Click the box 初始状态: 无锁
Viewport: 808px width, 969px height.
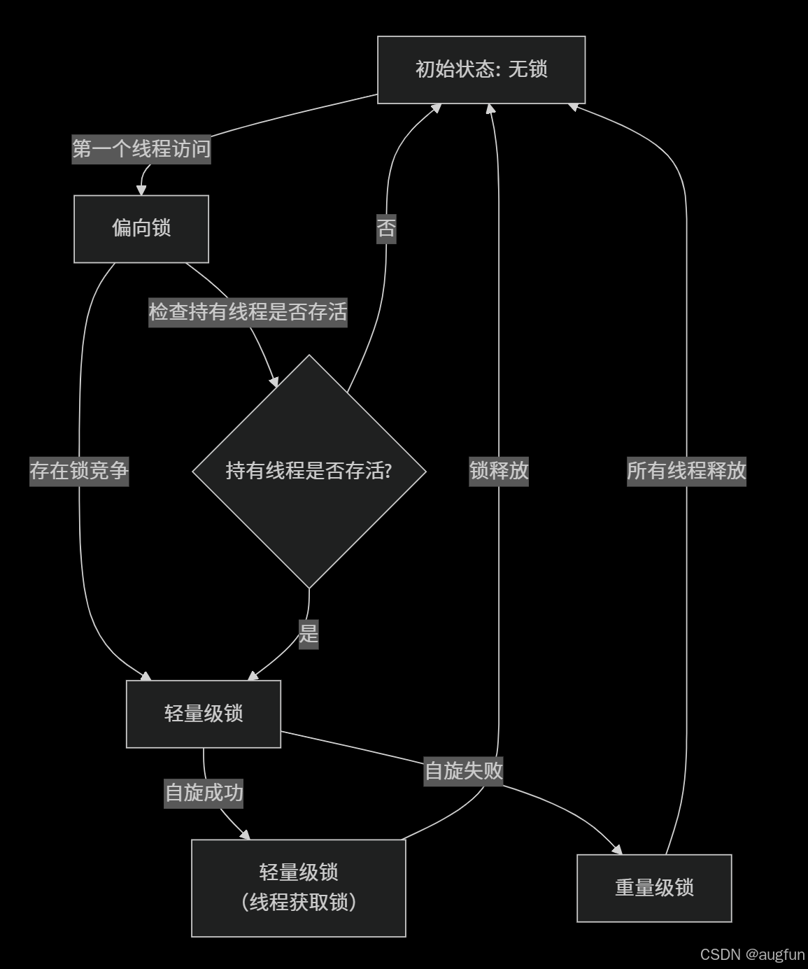481,69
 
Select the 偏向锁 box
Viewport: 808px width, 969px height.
141,228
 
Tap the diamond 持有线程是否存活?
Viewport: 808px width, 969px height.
309,471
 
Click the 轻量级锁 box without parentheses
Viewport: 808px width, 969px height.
204,714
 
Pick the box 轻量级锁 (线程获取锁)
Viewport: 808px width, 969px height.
299,887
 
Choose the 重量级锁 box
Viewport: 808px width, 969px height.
654,888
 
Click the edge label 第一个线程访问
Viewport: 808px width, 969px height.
141,149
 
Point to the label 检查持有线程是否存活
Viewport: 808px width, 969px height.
248,312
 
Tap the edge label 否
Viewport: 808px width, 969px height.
386,228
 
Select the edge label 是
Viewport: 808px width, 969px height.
309,634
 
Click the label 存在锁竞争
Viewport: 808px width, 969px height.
79,471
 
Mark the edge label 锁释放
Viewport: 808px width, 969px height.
499,471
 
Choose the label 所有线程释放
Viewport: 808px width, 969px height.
686,471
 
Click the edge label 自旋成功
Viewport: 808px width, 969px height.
204,793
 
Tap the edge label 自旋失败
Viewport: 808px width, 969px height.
464,771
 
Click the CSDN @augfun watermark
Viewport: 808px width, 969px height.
752,954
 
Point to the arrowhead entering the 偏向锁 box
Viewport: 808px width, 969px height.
141,190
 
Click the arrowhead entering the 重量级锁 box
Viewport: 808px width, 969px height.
617,849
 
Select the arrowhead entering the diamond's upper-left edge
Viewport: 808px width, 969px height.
274,381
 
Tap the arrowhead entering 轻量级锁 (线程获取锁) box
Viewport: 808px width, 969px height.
245,835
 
